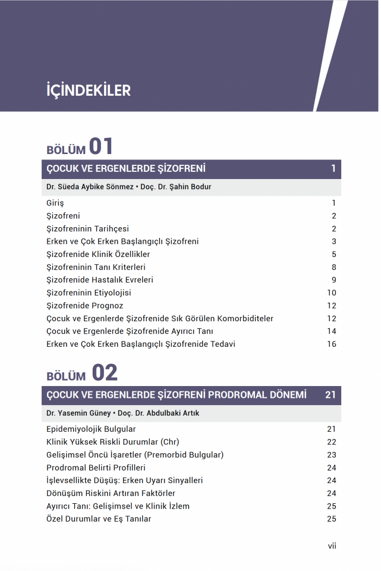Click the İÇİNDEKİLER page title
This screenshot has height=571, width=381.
(88, 90)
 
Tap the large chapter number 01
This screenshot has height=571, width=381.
(101, 146)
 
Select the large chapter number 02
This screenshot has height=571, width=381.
(105, 373)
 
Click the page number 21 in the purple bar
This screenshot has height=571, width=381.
(330, 395)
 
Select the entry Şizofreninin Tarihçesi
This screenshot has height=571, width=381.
(87, 229)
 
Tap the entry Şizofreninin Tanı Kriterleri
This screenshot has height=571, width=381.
(96, 267)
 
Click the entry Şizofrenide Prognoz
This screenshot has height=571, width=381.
(85, 306)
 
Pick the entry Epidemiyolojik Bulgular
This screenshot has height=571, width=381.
(91, 429)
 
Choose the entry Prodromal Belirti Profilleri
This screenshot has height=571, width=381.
(96, 468)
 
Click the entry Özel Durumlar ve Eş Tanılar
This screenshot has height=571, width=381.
(99, 519)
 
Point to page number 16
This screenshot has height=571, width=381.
(331, 344)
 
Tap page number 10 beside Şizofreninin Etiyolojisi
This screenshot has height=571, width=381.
(331, 293)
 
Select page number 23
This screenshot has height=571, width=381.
(331, 455)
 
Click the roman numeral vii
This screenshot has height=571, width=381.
(332, 546)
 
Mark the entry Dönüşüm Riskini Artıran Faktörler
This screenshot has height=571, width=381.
(111, 493)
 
